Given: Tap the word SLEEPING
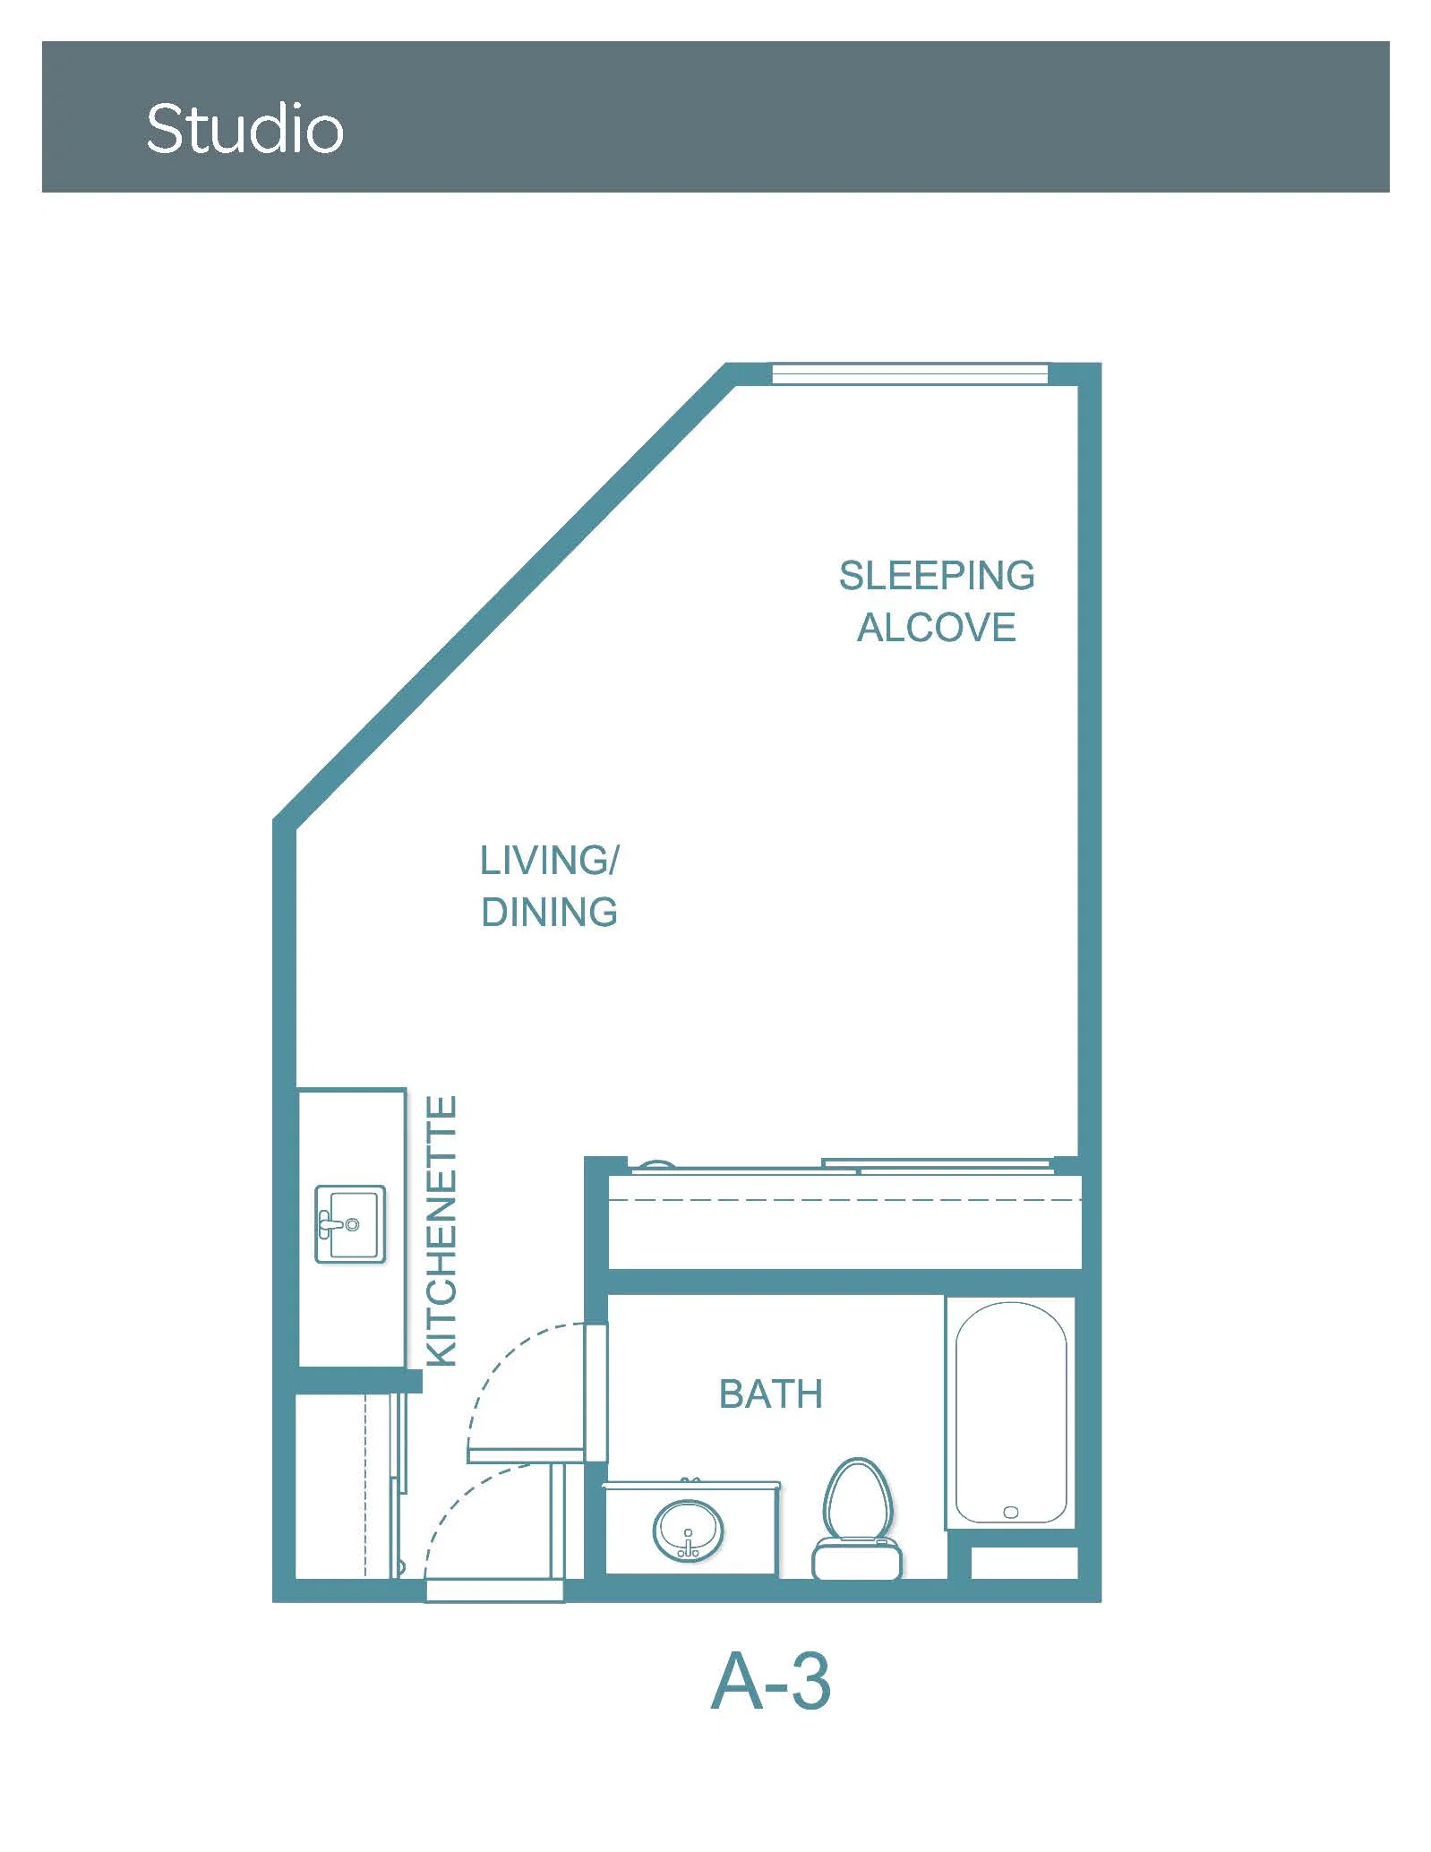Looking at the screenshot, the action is pos(937,575).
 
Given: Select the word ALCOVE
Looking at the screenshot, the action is pos(937,627).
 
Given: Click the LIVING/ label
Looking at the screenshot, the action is pos(549,861).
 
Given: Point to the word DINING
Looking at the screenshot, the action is pos(549,913).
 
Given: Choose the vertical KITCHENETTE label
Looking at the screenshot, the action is pos(441,1230).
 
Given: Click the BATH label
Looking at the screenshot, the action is pos(771,1394).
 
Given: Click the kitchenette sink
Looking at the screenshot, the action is pos(350,1224).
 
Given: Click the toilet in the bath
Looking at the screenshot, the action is pos(858,1519).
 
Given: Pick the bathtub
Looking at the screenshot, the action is pos(1011,1412).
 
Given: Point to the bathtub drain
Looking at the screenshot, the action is pos(1011,1512).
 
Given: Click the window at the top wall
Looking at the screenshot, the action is pos(910,373).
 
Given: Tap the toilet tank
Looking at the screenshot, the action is pos(857,1559).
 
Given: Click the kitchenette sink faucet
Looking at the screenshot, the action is pos(331,1224).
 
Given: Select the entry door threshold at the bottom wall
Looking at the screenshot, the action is pos(494,1591).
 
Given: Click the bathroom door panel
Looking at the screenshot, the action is pos(596,1392).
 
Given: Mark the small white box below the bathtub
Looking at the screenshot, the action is pos(1024,1563).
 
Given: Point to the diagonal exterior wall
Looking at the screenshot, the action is pos(503,593).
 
